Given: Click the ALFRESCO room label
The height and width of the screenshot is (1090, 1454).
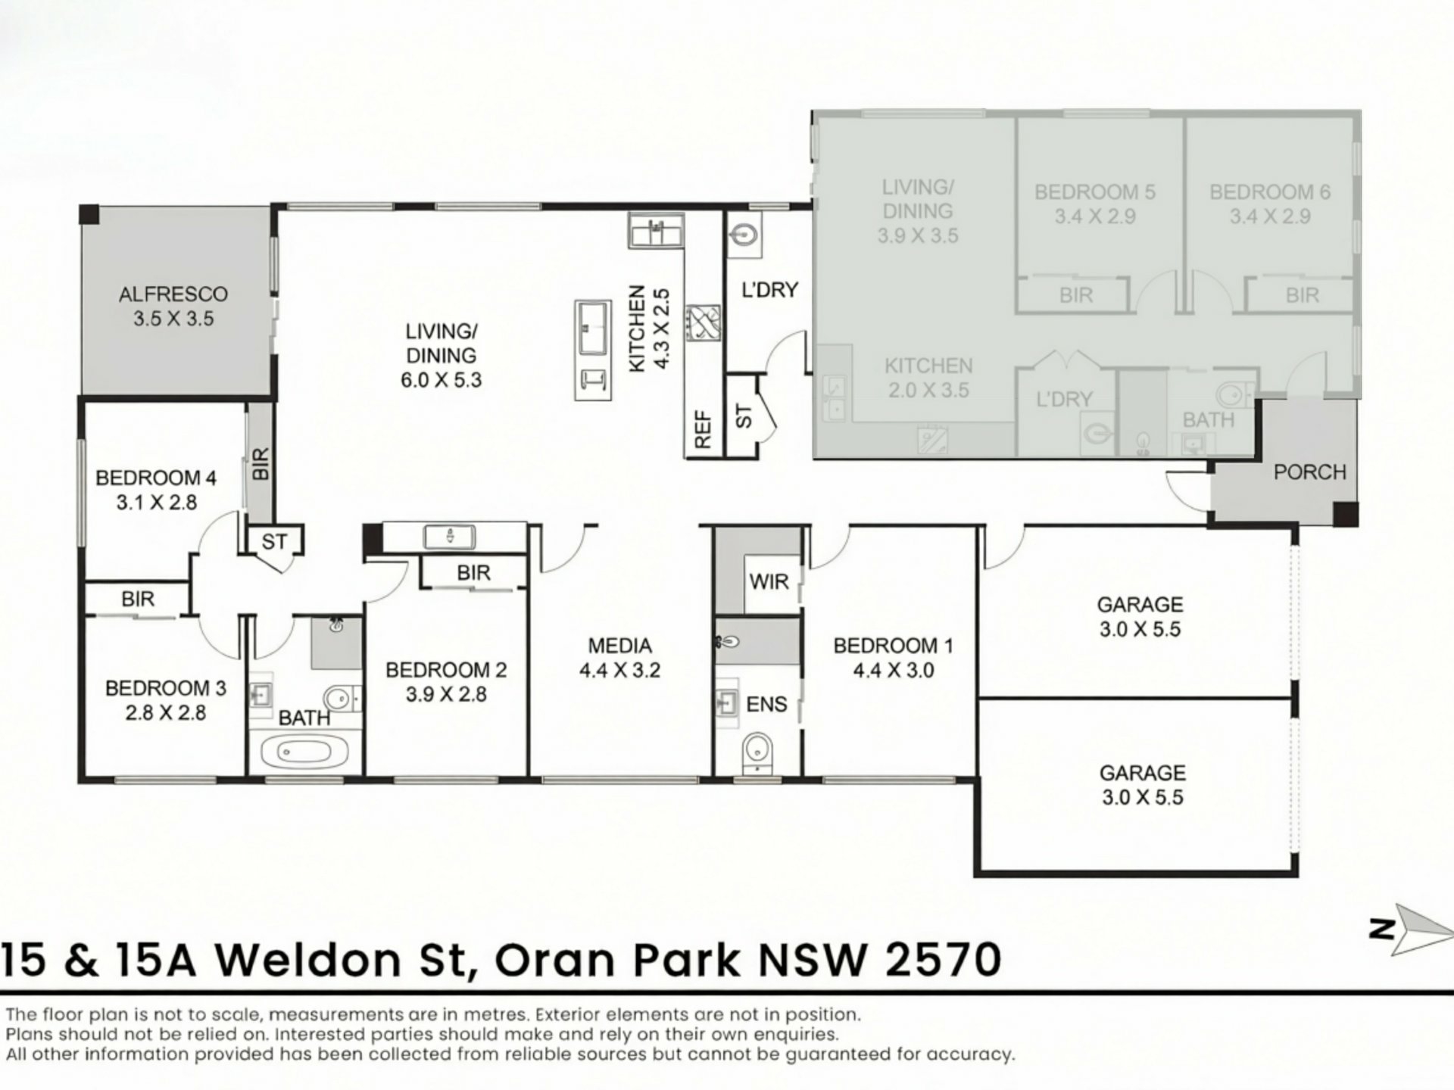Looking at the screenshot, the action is click(173, 294).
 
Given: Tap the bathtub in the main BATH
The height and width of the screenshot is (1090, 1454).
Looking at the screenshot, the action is click(304, 752).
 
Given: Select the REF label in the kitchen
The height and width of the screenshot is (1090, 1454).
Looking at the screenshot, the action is click(704, 429).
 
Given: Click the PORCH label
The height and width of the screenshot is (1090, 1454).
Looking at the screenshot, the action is click(1309, 472).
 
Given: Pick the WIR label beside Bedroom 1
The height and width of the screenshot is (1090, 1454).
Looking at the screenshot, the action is click(769, 581).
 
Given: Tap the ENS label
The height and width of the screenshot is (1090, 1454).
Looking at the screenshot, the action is click(766, 704).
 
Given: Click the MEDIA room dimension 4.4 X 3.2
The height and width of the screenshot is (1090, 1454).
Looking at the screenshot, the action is click(619, 671).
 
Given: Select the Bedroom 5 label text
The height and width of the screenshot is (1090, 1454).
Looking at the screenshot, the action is click(1095, 192).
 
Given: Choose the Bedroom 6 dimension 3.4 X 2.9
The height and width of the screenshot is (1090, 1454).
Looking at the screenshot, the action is click(1270, 216).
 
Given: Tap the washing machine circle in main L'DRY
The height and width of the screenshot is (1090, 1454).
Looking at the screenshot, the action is click(744, 235).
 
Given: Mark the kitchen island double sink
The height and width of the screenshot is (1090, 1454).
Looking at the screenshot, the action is click(594, 328).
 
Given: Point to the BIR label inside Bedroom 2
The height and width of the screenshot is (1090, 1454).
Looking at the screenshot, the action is click(473, 573).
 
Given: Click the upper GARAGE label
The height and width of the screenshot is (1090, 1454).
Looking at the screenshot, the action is click(1140, 605).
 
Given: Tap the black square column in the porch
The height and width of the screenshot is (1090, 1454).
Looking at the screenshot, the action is click(1345, 514).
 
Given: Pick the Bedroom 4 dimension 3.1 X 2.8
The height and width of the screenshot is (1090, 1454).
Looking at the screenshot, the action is click(156, 503).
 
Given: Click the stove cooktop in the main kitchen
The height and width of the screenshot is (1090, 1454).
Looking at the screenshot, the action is click(704, 323).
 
